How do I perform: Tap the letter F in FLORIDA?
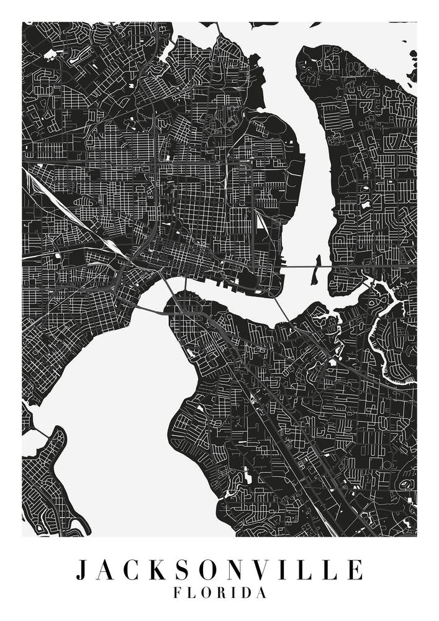tap(178, 593)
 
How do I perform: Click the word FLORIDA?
tap(220, 593)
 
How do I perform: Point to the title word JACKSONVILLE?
tap(219, 569)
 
